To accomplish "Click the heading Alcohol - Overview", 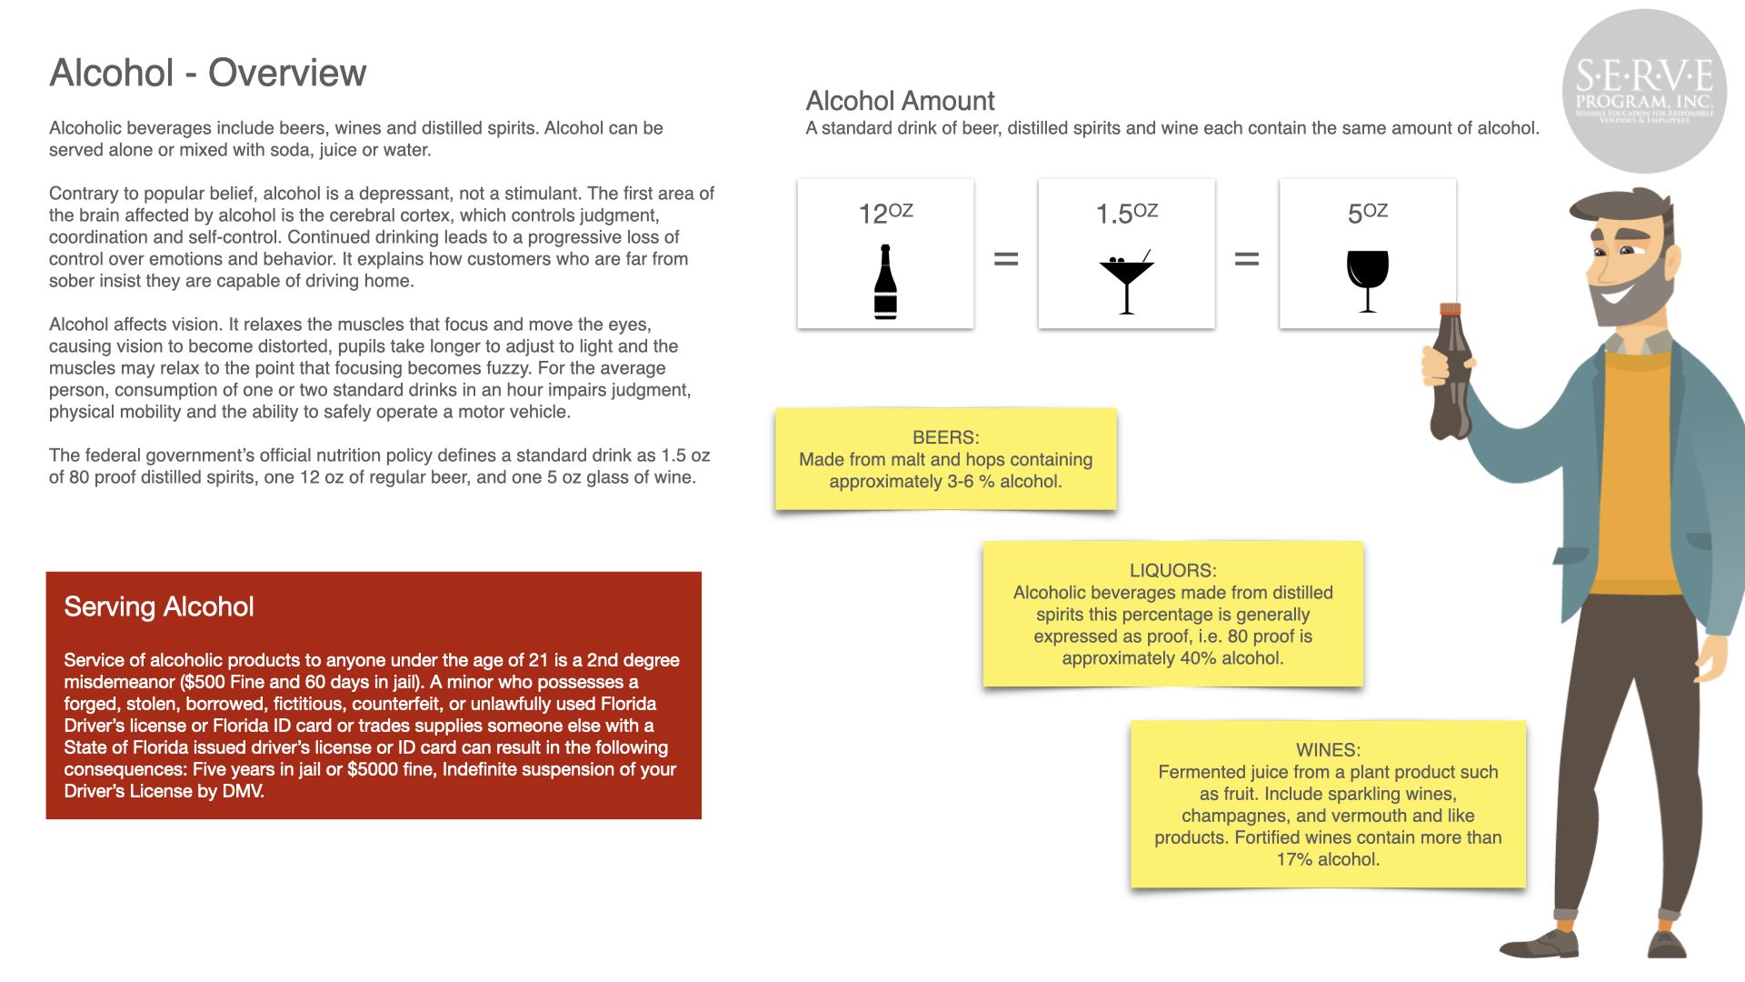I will [x=208, y=73].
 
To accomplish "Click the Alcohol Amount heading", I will [x=900, y=101].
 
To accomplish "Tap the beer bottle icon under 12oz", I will [x=885, y=282].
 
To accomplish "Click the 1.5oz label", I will [x=1126, y=213].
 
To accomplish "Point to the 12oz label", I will [x=885, y=213].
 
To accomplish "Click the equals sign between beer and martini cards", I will [x=1005, y=259].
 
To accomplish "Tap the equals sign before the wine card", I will [x=1247, y=259].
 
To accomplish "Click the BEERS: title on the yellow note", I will [x=945, y=437].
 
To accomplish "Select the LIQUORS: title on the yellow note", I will [x=1172, y=570].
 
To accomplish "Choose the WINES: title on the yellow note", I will [x=1328, y=750].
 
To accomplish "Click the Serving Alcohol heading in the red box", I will [x=159, y=606].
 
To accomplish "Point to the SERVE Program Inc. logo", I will [x=1644, y=91].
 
